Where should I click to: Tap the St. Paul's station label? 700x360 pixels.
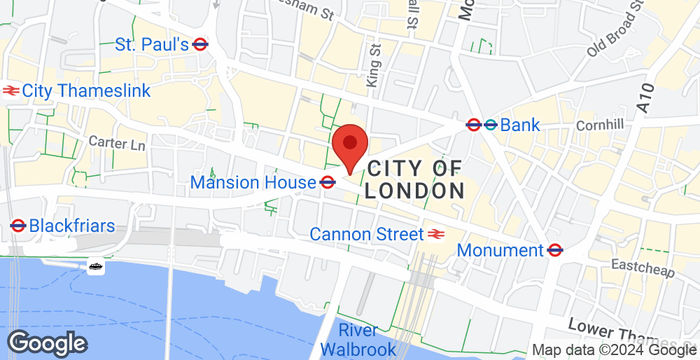(152, 44)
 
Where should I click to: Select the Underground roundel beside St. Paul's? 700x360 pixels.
(200, 44)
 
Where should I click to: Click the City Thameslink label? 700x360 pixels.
(85, 91)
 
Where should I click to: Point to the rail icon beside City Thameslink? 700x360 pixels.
(11, 91)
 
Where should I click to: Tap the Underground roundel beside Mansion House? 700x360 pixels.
(327, 182)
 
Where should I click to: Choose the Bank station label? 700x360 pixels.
(520, 125)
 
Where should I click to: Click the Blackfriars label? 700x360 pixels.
(72, 225)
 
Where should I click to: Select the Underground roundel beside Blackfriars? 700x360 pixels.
(17, 225)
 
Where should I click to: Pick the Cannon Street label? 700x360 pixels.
(366, 234)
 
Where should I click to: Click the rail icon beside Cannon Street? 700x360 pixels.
(436, 234)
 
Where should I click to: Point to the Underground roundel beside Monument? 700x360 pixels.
(555, 249)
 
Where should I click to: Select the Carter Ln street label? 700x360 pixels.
(116, 144)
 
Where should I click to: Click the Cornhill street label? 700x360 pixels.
(599, 127)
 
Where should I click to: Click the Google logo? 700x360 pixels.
(44, 341)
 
